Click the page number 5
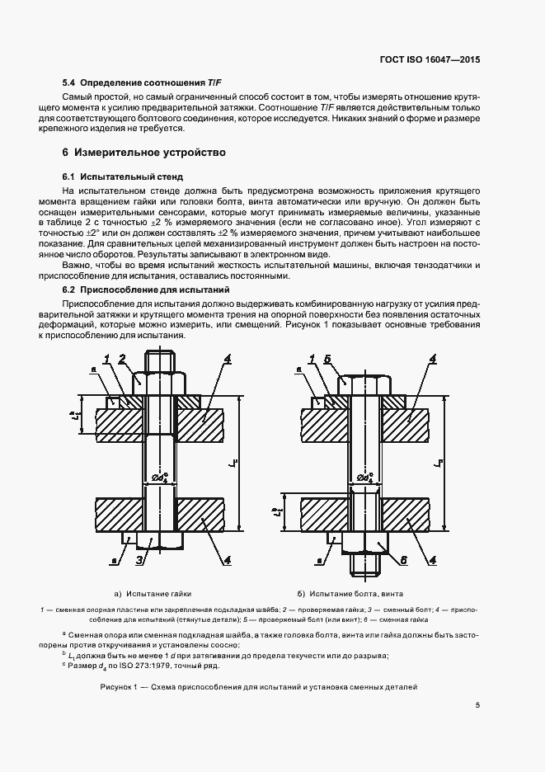[477, 705]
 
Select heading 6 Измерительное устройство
[143, 153]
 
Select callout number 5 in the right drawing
[327, 358]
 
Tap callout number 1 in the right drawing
[312, 358]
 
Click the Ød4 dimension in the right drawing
[365, 477]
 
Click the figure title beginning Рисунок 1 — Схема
[259, 686]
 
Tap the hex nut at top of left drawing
[159, 381]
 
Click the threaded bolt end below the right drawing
[365, 566]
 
